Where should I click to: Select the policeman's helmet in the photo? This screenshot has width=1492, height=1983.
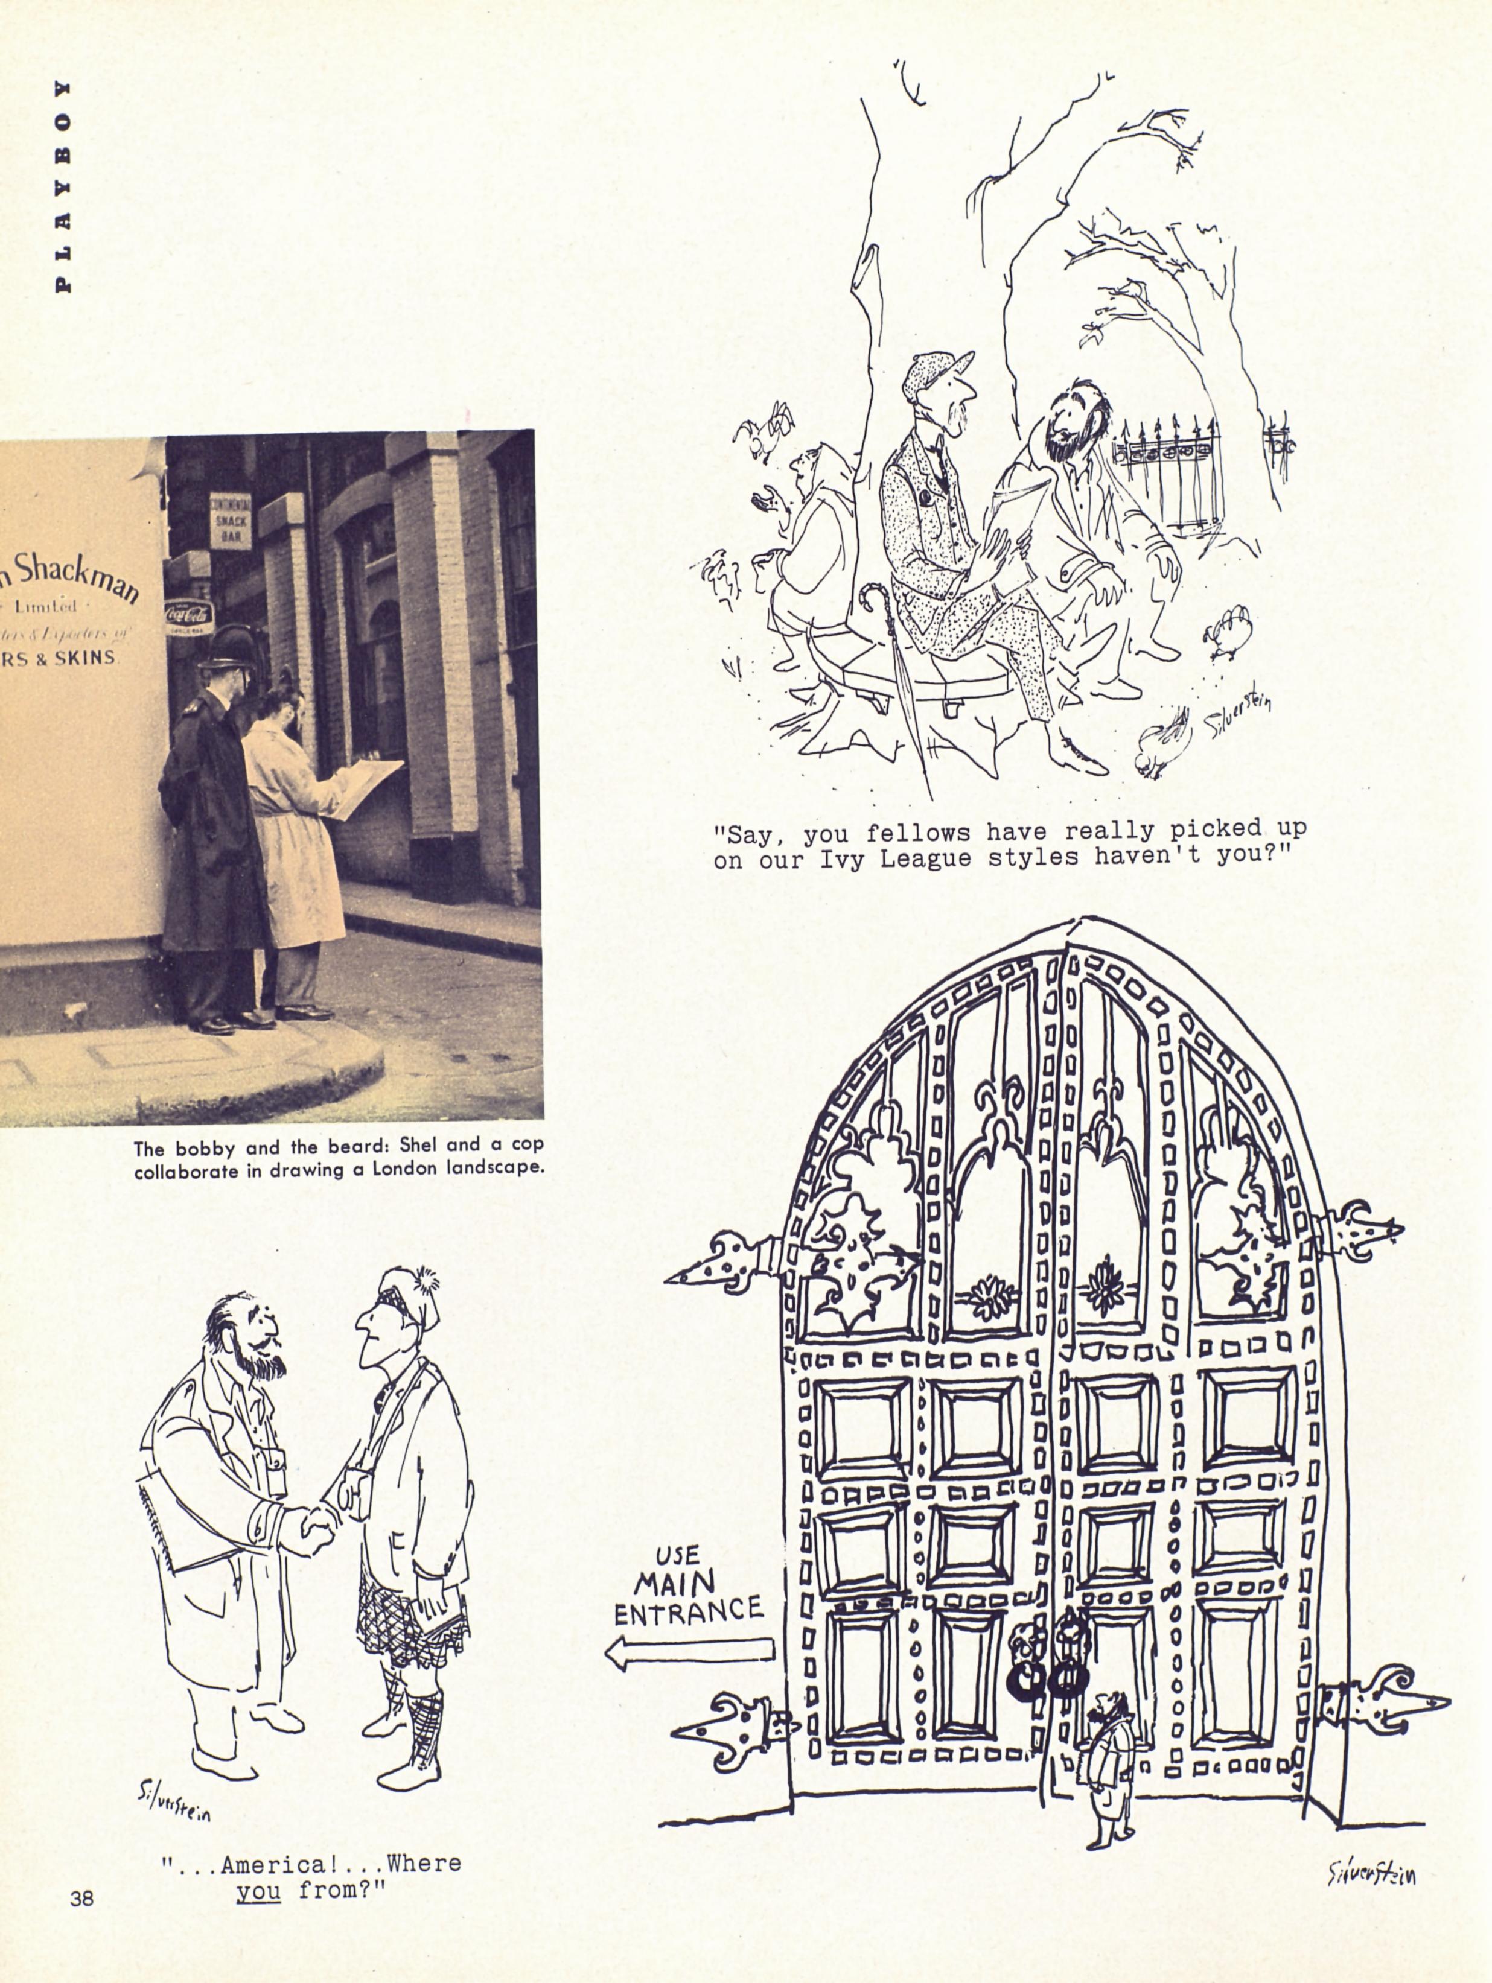[x=231, y=646]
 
